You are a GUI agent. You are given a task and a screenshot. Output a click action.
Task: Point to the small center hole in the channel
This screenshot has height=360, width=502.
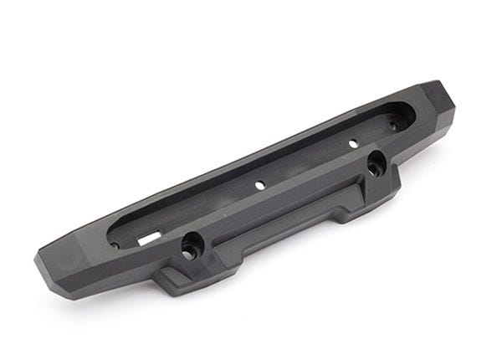pos(260,183)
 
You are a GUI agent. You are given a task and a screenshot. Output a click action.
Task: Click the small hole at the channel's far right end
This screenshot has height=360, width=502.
pos(393,126)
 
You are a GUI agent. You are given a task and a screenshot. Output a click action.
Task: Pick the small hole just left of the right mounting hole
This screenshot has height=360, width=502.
pos(351,157)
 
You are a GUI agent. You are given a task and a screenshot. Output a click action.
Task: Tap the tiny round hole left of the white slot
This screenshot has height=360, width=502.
pos(115,245)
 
